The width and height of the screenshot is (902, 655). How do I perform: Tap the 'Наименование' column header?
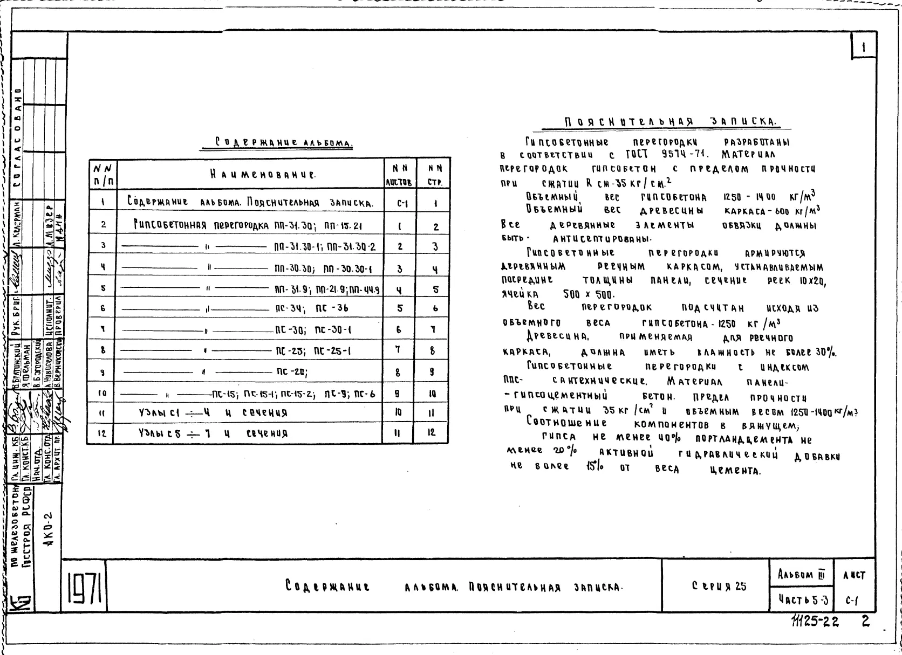coord(263,174)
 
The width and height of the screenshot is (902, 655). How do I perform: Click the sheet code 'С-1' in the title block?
coord(852,598)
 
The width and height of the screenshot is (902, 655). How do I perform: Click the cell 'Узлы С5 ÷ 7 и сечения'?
coord(211,433)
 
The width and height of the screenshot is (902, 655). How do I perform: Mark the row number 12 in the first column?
coord(103,433)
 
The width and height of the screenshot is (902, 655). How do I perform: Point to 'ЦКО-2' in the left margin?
coord(52,530)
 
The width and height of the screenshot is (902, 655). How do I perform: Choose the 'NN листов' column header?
coord(399,174)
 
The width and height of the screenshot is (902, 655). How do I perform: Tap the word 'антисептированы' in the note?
coord(602,238)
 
